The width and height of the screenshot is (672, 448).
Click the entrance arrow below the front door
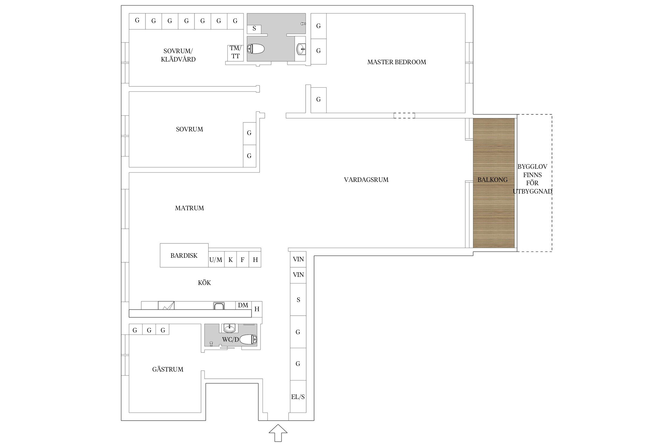coord(278,433)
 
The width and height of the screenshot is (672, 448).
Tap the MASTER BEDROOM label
coord(397,62)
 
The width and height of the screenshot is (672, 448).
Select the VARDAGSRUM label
coord(366,180)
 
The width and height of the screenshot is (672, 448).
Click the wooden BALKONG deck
coord(494,183)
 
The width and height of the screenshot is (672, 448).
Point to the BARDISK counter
coord(184,255)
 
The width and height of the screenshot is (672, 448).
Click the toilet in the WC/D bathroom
coord(248,340)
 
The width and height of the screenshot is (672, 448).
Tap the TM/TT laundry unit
coord(235,53)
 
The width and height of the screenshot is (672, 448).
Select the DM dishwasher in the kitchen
coord(243,305)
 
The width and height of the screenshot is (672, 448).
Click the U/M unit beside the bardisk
coord(216,260)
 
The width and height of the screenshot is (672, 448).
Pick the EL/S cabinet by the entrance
coord(298,397)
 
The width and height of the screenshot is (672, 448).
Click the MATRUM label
coord(189,208)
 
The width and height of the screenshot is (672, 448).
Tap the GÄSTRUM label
coord(168,369)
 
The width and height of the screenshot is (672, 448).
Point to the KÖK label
coord(204,283)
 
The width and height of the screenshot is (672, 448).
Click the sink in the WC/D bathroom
coord(229,328)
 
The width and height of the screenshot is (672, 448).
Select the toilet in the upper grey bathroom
coord(256,49)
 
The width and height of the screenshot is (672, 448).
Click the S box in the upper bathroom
coord(254,29)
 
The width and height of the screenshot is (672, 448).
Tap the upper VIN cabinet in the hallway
coord(298,259)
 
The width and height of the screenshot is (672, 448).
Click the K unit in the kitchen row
coord(230,260)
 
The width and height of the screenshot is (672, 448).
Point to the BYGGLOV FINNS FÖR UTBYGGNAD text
coord(533,179)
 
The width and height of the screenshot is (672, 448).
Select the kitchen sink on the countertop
coord(219,306)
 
